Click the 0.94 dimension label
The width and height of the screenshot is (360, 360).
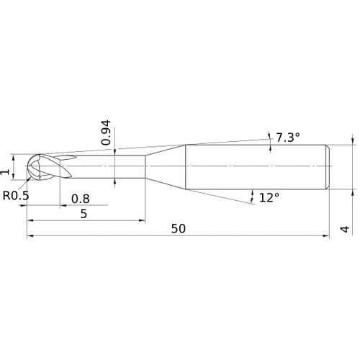coord(106,132)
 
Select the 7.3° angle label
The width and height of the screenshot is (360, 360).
coord(288,138)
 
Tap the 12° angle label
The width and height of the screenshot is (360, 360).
coord(269,198)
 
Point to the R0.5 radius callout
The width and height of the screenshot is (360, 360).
coord(16,196)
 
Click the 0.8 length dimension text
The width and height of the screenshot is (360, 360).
coord(81,199)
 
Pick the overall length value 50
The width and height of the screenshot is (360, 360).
coord(179,229)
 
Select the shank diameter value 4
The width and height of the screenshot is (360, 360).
coord(345,229)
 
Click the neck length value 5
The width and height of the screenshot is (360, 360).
coord(84,214)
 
